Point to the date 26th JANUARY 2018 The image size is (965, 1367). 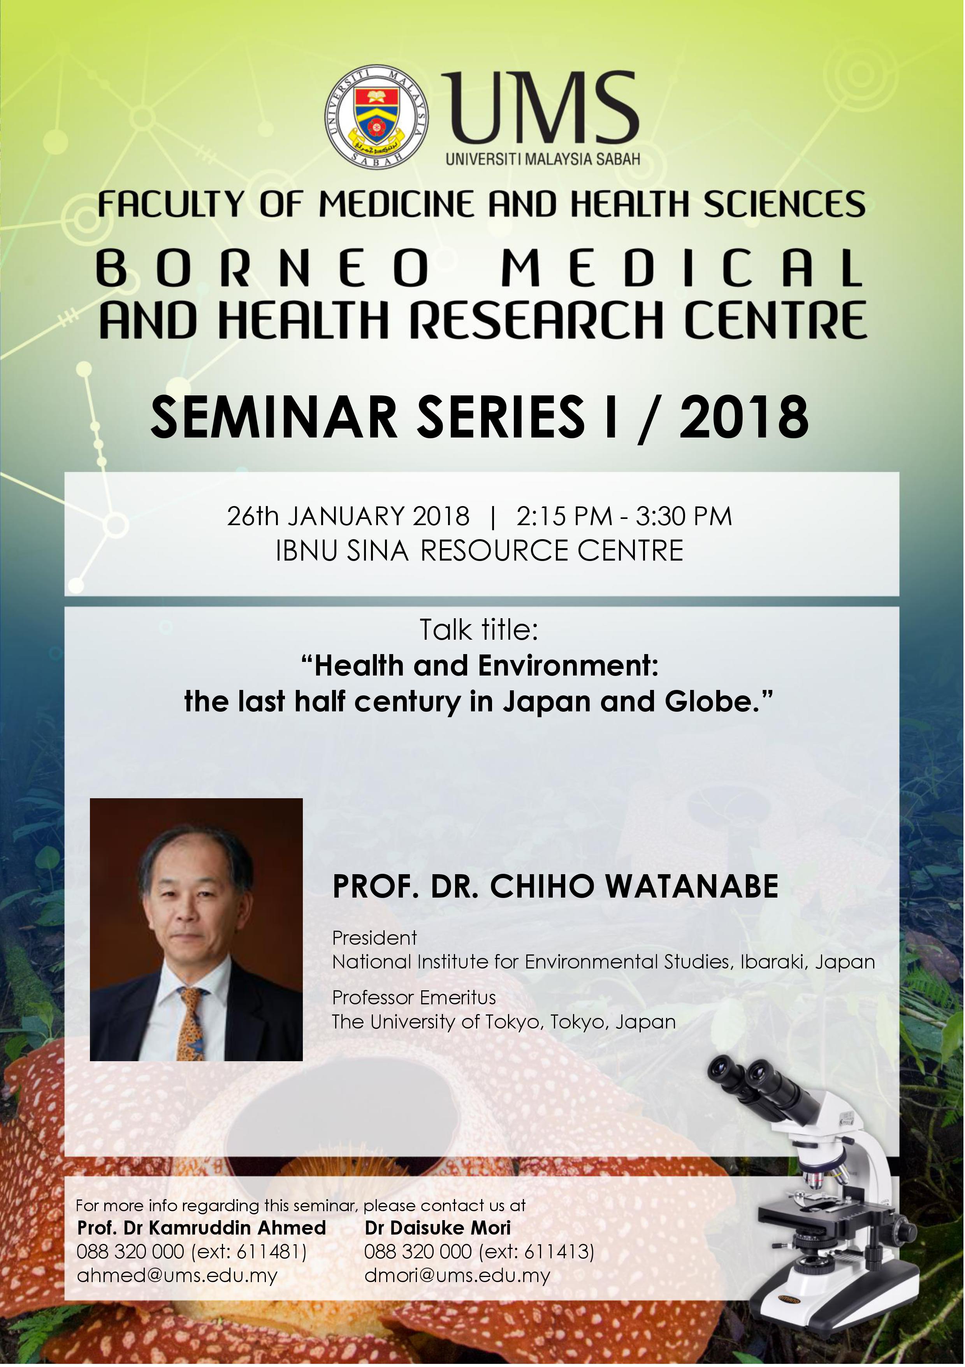pyautogui.click(x=348, y=516)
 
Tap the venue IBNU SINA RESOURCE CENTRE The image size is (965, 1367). pyautogui.click(x=480, y=551)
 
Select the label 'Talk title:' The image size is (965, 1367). pyautogui.click(x=480, y=630)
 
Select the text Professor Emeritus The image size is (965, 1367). pyautogui.click(x=414, y=997)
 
